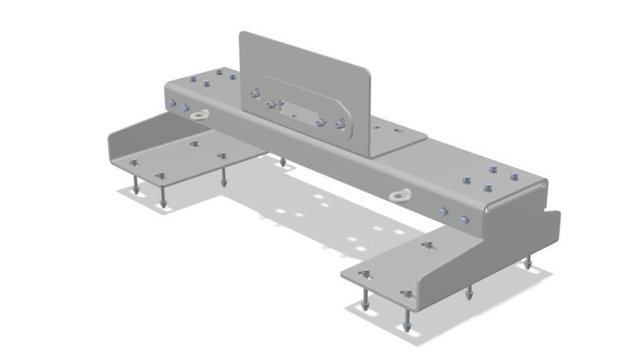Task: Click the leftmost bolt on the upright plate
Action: click(x=256, y=92)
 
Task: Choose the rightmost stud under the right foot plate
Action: click(x=528, y=263)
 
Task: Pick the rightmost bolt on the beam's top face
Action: click(x=513, y=176)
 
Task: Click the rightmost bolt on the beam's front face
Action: click(x=462, y=218)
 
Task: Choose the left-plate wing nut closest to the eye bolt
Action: click(x=194, y=143)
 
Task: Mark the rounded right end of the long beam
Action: click(x=539, y=188)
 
